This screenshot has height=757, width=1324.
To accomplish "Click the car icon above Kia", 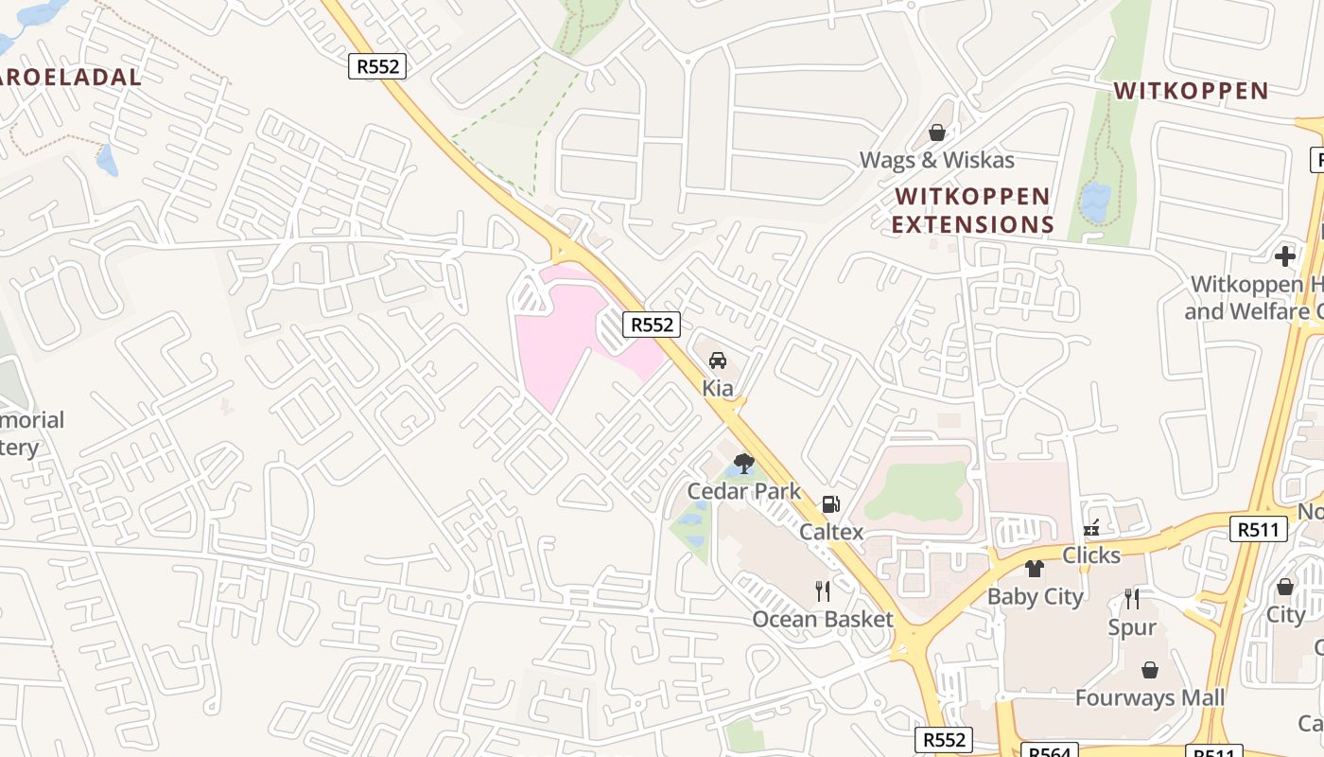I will pyautogui.click(x=718, y=361).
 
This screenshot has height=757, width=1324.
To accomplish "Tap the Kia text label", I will pyautogui.click(x=718, y=388).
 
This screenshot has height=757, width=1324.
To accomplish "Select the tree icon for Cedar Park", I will pyautogui.click(x=744, y=464).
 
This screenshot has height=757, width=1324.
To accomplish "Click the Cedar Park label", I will pyautogui.click(x=744, y=491).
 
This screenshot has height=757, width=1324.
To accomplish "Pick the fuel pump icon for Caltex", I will pyautogui.click(x=830, y=505).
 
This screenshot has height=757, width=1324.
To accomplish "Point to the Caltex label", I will pyautogui.click(x=831, y=532).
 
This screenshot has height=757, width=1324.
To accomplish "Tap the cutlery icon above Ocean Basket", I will pyautogui.click(x=823, y=591).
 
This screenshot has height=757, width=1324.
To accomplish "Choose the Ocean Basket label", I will pyautogui.click(x=823, y=619).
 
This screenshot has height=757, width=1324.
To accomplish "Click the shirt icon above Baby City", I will pyautogui.click(x=1035, y=569).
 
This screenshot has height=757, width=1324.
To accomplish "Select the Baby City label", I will pyautogui.click(x=1036, y=596).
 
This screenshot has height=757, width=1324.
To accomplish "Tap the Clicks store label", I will pyautogui.click(x=1091, y=555).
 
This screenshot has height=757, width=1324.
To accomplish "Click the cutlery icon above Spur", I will pyautogui.click(x=1132, y=599).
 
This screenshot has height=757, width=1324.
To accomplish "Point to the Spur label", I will pyautogui.click(x=1132, y=626).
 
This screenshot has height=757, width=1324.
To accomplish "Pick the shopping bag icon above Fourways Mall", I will pyautogui.click(x=1150, y=670).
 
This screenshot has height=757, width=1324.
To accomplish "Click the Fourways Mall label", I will pyautogui.click(x=1150, y=698).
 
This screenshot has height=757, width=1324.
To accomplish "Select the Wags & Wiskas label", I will pyautogui.click(x=936, y=160).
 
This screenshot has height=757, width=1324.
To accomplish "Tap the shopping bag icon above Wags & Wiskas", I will pyautogui.click(x=937, y=132).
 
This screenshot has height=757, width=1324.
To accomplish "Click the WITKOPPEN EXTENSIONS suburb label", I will pyautogui.click(x=972, y=210).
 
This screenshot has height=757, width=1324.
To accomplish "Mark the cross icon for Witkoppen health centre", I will pyautogui.click(x=1284, y=255).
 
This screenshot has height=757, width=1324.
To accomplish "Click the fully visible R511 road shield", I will pyautogui.click(x=1259, y=529).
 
